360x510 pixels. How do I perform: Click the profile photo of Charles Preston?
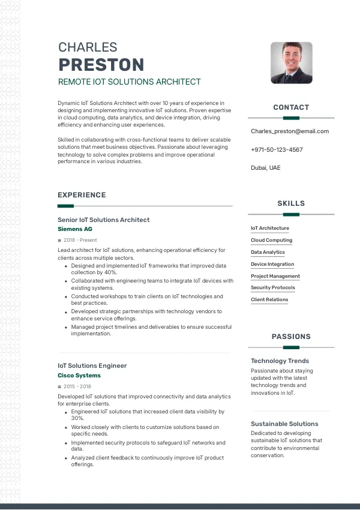(x=291, y=62)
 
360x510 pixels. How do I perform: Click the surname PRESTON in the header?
(x=101, y=65)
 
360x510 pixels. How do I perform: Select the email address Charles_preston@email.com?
(x=290, y=131)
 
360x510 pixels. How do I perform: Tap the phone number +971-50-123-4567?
(x=277, y=149)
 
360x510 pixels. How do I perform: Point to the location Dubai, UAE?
(x=265, y=168)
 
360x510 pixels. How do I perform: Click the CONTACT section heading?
(x=291, y=107)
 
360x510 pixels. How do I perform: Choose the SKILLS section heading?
(x=291, y=203)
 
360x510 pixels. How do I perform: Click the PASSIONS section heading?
(x=291, y=337)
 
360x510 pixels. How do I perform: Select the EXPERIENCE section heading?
(x=82, y=195)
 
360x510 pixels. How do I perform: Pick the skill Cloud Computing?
(x=271, y=240)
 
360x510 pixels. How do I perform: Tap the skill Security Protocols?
(x=272, y=288)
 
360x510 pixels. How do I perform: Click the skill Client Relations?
(x=269, y=300)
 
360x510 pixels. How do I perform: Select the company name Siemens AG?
(x=75, y=229)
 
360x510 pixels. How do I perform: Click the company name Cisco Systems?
(x=79, y=376)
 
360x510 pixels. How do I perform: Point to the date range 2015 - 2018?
(x=77, y=387)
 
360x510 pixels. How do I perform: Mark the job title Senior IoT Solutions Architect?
(x=104, y=220)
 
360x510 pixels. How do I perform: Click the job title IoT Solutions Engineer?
(x=92, y=366)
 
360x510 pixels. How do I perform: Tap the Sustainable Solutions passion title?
(x=284, y=424)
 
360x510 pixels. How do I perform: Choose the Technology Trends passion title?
(x=280, y=361)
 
